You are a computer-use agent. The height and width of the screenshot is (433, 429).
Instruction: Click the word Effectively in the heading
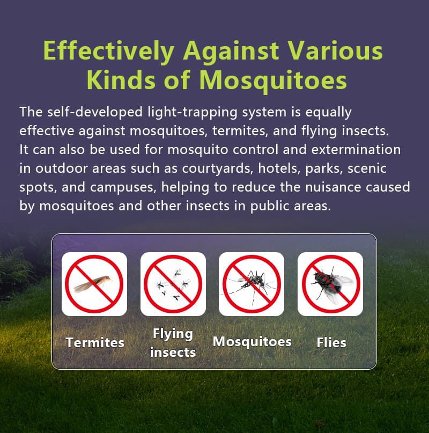pyautogui.click(x=108, y=51)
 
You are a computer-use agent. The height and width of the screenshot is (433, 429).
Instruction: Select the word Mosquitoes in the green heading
pyautogui.click(x=273, y=80)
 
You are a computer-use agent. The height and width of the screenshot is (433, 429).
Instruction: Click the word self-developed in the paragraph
pyautogui.click(x=95, y=112)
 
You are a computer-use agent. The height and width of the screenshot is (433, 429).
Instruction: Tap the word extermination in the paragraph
pyautogui.click(x=356, y=149)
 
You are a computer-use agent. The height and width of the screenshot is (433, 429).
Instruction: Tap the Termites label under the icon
pyautogui.click(x=95, y=342)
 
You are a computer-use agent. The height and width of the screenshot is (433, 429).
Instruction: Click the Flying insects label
pyautogui.click(x=173, y=343)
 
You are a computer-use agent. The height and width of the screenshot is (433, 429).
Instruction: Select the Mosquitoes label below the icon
pyautogui.click(x=252, y=341)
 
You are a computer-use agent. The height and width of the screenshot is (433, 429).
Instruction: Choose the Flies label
pyautogui.click(x=331, y=342)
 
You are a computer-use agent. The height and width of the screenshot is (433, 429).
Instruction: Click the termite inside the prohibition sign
pyautogui.click(x=93, y=284)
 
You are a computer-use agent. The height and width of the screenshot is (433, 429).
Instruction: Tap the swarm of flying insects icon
pyautogui.click(x=173, y=284)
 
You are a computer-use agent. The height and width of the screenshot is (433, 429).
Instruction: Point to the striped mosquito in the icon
pyautogui.click(x=251, y=284)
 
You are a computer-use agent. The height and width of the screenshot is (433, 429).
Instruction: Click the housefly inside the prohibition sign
pyautogui.click(x=331, y=284)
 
